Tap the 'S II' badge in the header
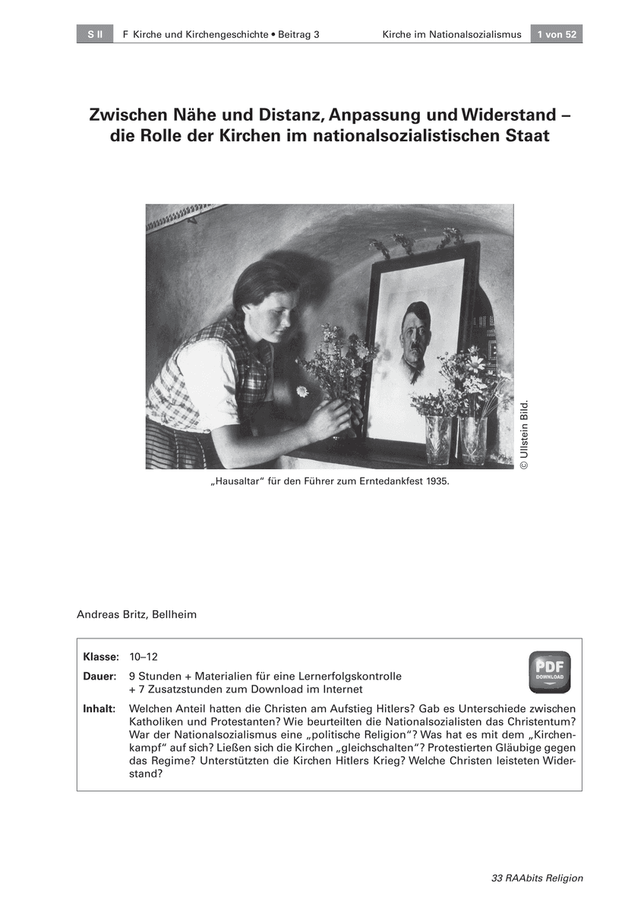(94, 34)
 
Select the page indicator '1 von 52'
(557, 34)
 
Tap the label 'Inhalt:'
(99, 708)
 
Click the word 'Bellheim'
(173, 614)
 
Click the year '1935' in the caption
(426, 481)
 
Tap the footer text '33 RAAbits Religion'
(538, 878)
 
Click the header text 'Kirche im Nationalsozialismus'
(452, 34)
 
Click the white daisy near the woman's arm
(301, 391)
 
